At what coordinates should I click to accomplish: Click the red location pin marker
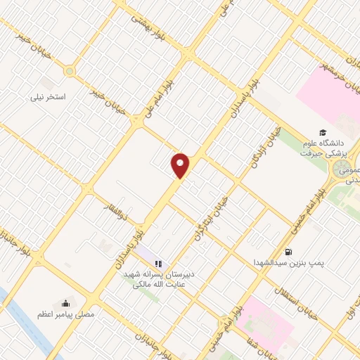point(181,165)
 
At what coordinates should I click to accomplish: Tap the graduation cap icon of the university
point(322,132)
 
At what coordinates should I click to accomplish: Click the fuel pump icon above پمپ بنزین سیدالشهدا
point(288,252)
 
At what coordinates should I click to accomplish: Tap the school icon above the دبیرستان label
point(157,263)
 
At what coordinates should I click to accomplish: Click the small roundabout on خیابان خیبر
point(69,71)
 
